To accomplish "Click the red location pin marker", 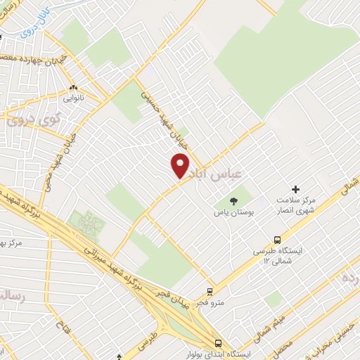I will point(181,165).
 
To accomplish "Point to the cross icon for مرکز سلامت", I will point(295,189).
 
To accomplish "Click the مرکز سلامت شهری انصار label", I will point(295,204).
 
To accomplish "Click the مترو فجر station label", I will point(210,302).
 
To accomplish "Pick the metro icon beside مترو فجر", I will point(210,291).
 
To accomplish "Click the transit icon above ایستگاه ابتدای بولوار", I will point(218,343).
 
